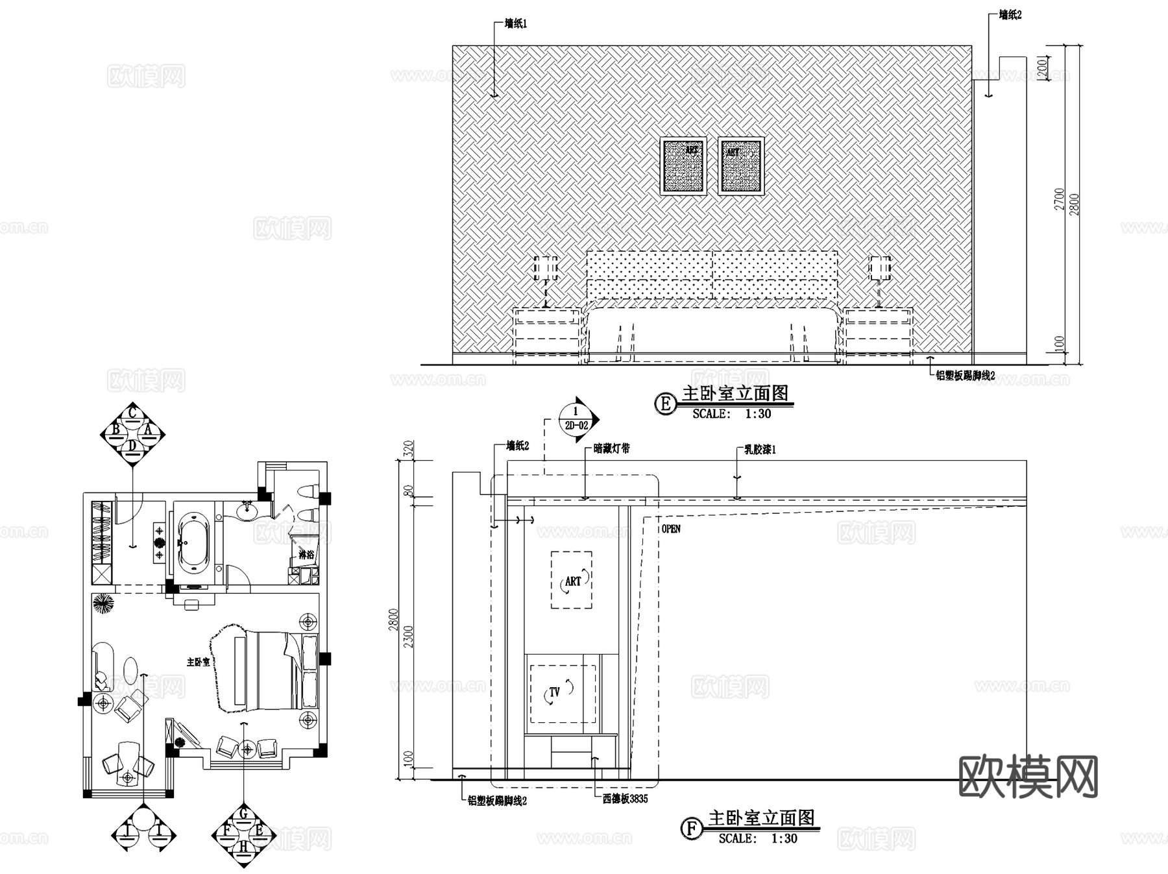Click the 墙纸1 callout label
pyautogui.click(x=516, y=24)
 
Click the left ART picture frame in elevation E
pyautogui.click(x=683, y=166)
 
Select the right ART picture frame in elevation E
pyautogui.click(x=741, y=166)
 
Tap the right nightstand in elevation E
pyautogui.click(x=879, y=332)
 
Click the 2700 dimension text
pyautogui.click(x=1060, y=199)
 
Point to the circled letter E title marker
pyautogui.click(x=664, y=404)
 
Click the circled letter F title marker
pyautogui.click(x=691, y=829)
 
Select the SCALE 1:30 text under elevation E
pyautogui.click(x=731, y=414)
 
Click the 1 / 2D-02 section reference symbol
pyautogui.click(x=576, y=419)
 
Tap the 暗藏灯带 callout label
pyautogui.click(x=611, y=448)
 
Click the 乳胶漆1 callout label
pyautogui.click(x=760, y=449)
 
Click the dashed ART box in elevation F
pyautogui.click(x=572, y=580)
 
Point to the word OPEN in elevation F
pyautogui.click(x=671, y=529)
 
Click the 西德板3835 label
pyautogui.click(x=625, y=799)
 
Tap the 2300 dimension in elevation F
pyautogui.click(x=408, y=636)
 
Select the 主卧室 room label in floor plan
pyautogui.click(x=198, y=662)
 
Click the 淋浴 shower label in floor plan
pyautogui.click(x=306, y=555)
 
